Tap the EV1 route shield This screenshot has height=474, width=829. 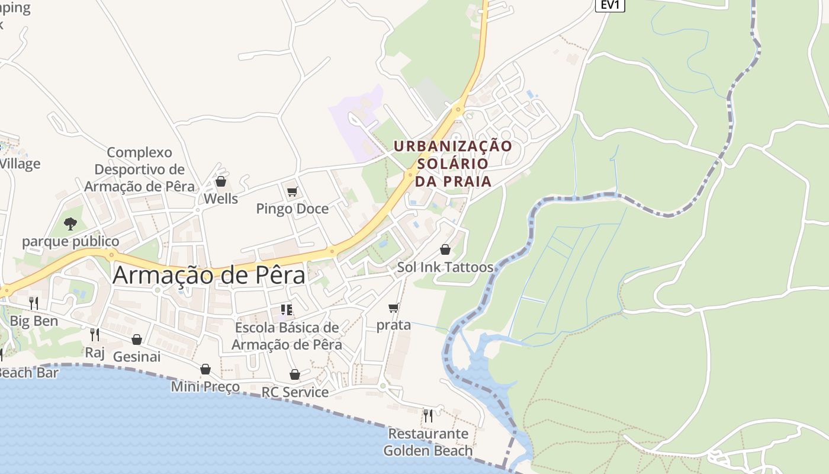click(x=609, y=5)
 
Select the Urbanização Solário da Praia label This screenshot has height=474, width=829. click(x=453, y=163)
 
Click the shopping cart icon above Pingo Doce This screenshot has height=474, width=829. click(x=292, y=191)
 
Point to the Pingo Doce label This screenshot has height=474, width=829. click(x=292, y=209)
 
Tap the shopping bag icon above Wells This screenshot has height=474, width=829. click(x=221, y=181)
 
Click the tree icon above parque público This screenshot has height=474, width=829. click(x=70, y=224)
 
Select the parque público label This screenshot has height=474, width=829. click(x=70, y=242)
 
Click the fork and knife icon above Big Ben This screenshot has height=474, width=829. click(x=34, y=303)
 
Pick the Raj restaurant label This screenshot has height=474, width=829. click(x=95, y=353)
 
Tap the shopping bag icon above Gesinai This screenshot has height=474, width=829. click(x=137, y=340)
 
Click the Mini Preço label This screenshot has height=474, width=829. click(x=205, y=387)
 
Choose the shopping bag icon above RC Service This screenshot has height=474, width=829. click(x=295, y=374)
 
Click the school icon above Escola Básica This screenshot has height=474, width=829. click(x=287, y=309)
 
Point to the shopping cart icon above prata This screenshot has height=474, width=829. click(x=394, y=308)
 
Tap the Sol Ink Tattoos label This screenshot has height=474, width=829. click(x=445, y=267)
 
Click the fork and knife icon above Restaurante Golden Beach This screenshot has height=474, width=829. click(x=428, y=416)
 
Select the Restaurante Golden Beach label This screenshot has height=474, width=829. click(x=428, y=442)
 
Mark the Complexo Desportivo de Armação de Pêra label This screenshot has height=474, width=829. click(x=139, y=169)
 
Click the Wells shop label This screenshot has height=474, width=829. click(x=221, y=199)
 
